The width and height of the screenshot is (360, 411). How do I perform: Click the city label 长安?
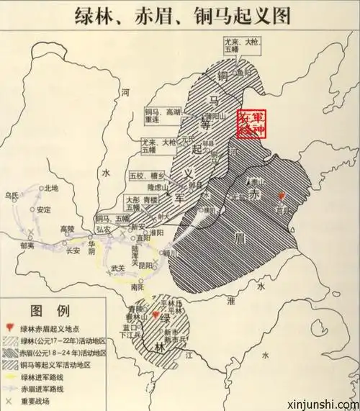click(73, 251)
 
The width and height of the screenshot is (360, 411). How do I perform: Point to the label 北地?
click(51, 189)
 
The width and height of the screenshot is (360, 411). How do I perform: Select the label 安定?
click(44, 210)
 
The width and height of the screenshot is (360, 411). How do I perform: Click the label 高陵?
click(67, 230)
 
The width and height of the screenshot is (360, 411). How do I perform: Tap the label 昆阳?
click(146, 266)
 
